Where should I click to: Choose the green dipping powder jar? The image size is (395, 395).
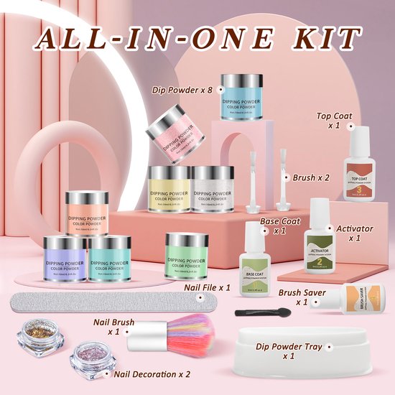187,259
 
